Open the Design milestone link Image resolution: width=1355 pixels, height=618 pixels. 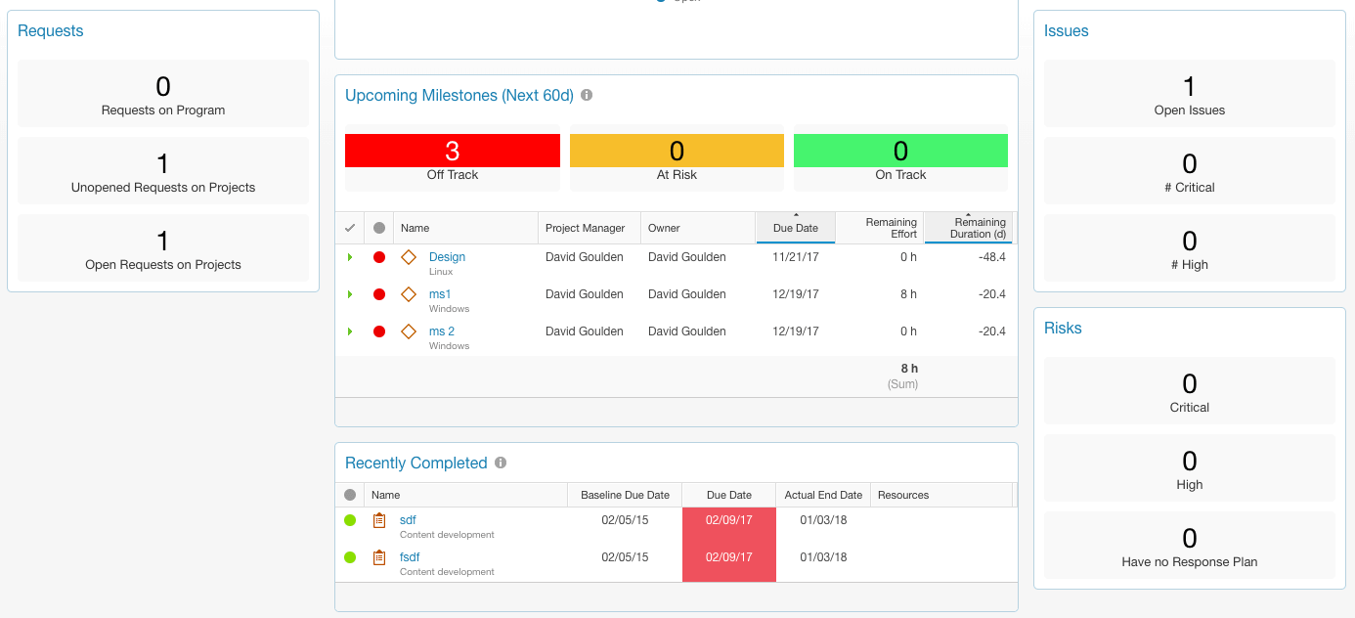pyautogui.click(x=447, y=257)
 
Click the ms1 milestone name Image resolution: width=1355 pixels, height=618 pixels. pyautogui.click(x=440, y=294)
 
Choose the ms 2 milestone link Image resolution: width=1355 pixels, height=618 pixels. pyautogui.click(x=442, y=331)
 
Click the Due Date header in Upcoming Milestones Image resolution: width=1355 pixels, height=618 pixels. pyautogui.click(x=795, y=228)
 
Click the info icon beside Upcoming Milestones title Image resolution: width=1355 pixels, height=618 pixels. pyautogui.click(x=587, y=96)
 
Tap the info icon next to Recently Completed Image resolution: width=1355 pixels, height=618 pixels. pyautogui.click(x=501, y=463)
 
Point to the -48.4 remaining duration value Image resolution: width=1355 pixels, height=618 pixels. pyautogui.click(x=992, y=257)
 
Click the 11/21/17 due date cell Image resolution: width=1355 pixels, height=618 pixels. pyautogui.click(x=795, y=257)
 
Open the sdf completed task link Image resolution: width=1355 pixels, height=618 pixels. pyautogui.click(x=408, y=520)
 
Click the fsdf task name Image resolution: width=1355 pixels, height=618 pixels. pyautogui.click(x=410, y=557)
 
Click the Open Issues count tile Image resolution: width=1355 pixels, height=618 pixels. pyautogui.click(x=1189, y=94)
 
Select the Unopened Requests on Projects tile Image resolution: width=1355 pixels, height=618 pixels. pyautogui.click(x=163, y=171)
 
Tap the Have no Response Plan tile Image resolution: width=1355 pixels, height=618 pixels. pyautogui.click(x=1189, y=546)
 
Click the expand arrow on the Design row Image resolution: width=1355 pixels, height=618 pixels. pyautogui.click(x=350, y=257)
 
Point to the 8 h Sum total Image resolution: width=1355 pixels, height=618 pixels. pyautogui.click(x=908, y=369)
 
